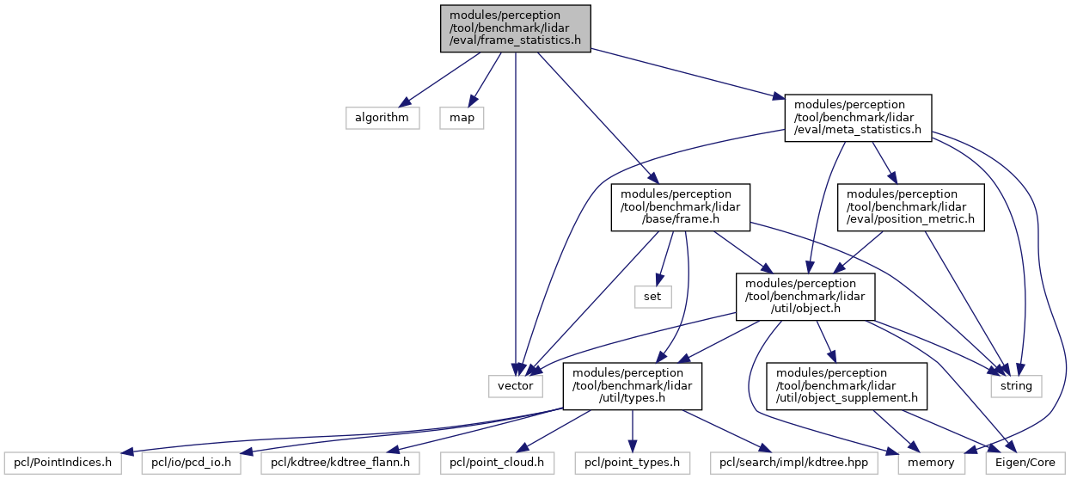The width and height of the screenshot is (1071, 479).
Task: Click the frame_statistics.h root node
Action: click(x=516, y=28)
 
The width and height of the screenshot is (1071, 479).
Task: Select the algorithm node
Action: click(x=382, y=118)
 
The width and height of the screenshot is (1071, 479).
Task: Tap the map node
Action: click(x=462, y=118)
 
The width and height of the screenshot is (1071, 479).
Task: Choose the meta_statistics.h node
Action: click(x=858, y=118)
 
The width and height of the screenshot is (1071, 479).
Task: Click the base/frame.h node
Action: click(x=681, y=207)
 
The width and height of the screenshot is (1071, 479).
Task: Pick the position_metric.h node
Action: click(x=911, y=207)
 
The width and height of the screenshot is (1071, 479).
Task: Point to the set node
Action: click(x=652, y=297)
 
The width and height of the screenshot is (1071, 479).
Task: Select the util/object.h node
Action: click(x=805, y=297)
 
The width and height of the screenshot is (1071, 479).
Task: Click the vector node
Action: click(x=516, y=385)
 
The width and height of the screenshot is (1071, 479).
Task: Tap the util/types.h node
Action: click(x=632, y=385)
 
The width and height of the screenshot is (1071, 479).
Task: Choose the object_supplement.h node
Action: click(x=847, y=385)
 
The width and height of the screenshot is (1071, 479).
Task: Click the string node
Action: click(x=1016, y=385)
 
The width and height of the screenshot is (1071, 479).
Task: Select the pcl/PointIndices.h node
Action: click(x=63, y=463)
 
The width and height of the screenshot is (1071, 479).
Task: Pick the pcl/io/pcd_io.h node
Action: click(x=191, y=463)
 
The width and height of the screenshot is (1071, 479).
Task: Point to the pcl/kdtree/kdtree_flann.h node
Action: click(x=340, y=463)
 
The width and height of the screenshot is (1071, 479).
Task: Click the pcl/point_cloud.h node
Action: click(x=497, y=463)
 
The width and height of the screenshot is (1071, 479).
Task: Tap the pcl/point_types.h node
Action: click(x=632, y=463)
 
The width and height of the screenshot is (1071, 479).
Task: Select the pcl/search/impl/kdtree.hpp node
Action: click(x=793, y=463)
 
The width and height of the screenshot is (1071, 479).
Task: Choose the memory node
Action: click(x=931, y=463)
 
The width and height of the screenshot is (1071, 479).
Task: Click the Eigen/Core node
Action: click(x=1025, y=463)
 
